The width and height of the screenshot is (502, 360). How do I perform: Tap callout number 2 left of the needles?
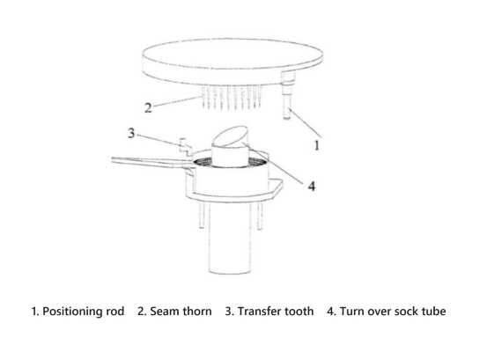147,108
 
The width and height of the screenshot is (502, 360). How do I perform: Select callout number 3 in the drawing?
131,134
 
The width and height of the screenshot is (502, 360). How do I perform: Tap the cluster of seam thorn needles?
232,97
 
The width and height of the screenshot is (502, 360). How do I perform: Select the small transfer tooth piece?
184,144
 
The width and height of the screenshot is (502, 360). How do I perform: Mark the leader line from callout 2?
176,103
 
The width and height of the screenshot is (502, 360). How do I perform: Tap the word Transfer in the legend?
262,312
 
